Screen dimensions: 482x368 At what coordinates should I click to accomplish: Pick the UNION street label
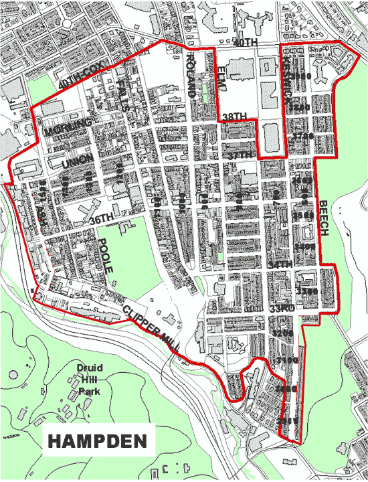pyautogui.click(x=74, y=164)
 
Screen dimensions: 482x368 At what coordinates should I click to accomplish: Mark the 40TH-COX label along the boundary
pyautogui.click(x=82, y=84)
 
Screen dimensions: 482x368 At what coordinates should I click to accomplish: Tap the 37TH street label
pyautogui.click(x=239, y=155)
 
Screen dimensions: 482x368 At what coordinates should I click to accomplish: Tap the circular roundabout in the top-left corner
pyautogui.click(x=67, y=23)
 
